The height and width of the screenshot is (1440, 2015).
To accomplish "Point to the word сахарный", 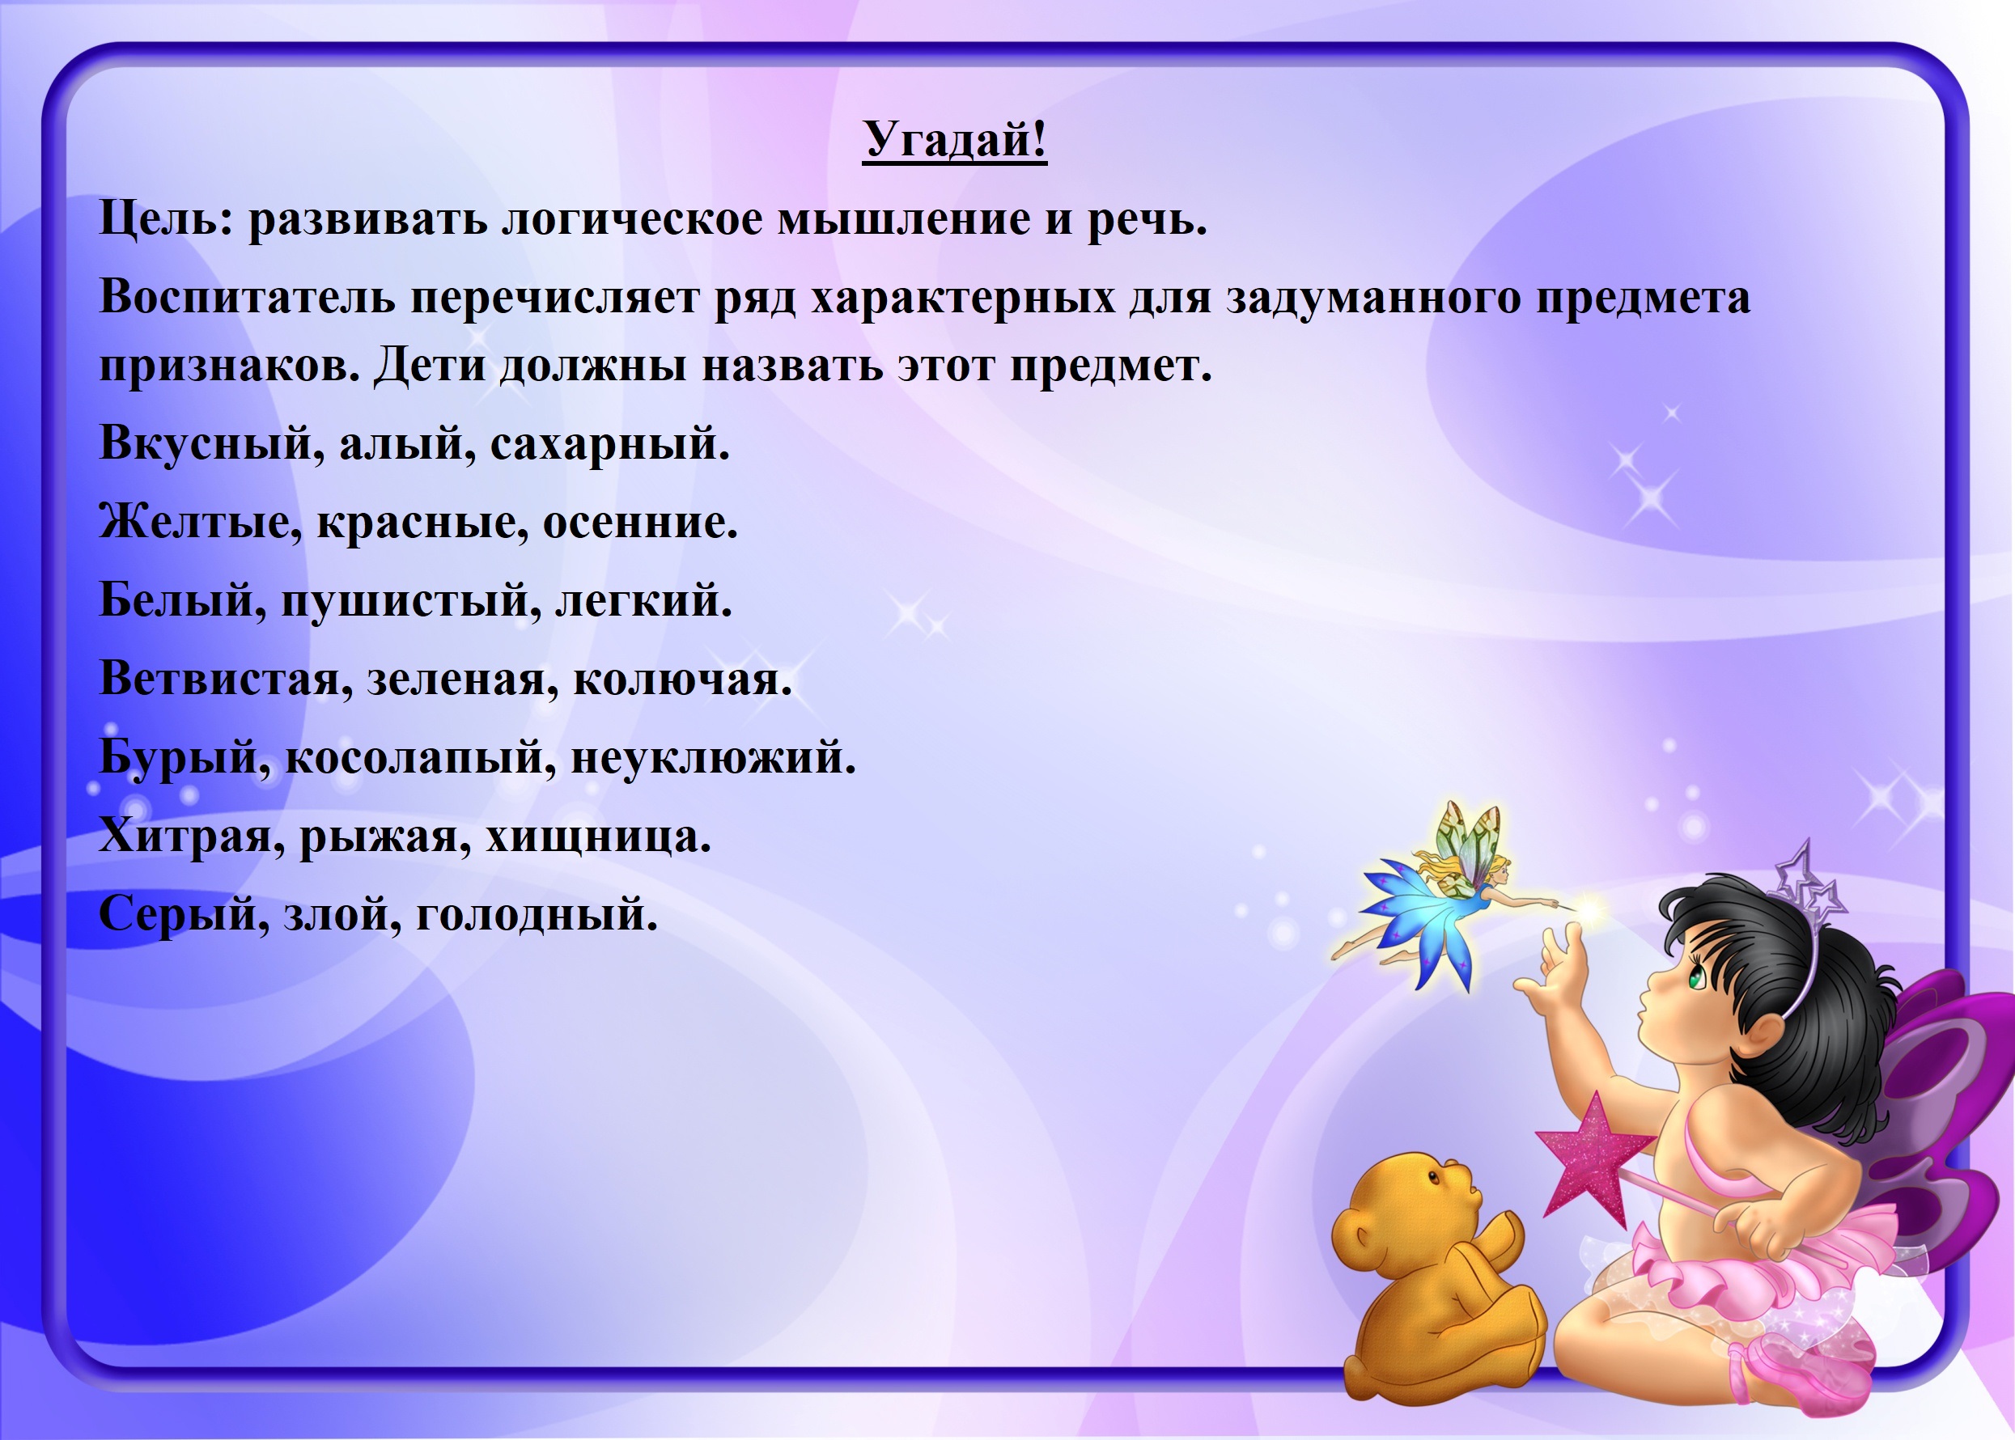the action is click(609, 444).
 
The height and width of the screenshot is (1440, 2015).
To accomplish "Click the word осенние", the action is click(639, 523).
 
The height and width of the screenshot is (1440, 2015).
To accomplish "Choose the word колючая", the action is click(682, 680).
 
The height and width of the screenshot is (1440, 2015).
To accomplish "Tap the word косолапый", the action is click(420, 759).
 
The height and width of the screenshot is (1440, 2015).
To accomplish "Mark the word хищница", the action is click(599, 838).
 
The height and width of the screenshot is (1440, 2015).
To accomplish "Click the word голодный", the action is click(537, 915).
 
